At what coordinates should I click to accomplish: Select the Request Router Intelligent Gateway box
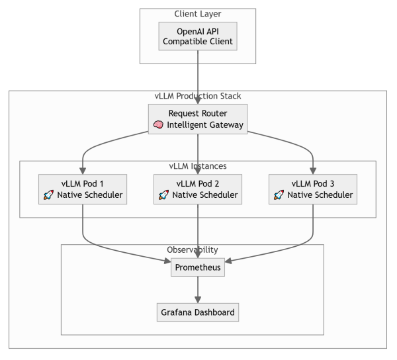(198, 119)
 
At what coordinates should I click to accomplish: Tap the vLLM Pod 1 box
(83, 189)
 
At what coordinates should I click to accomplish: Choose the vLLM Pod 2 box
(198, 189)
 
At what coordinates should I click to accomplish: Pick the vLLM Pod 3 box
(313, 189)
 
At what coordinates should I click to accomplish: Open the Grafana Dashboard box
(198, 311)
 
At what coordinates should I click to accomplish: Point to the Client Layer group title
(198, 14)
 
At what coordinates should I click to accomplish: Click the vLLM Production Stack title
(198, 96)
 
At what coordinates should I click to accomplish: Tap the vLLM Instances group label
(198, 165)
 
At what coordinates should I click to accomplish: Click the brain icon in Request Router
(159, 125)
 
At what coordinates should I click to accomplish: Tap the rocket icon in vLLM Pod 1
(50, 195)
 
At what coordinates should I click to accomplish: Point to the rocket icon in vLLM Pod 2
(164, 195)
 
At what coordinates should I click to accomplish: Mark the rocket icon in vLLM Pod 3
(280, 195)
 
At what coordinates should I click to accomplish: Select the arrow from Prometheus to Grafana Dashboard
(198, 289)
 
